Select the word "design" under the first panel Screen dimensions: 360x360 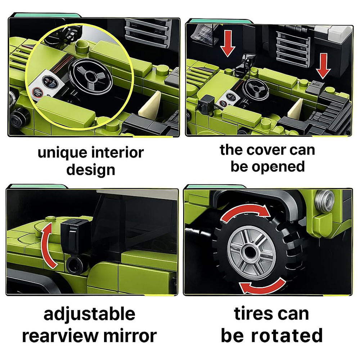91,171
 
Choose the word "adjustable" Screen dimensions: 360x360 89,315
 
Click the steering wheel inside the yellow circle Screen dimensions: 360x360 90,76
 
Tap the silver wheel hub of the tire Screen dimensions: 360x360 251,252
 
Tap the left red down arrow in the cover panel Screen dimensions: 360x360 228,44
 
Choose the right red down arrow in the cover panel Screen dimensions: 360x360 323,66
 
